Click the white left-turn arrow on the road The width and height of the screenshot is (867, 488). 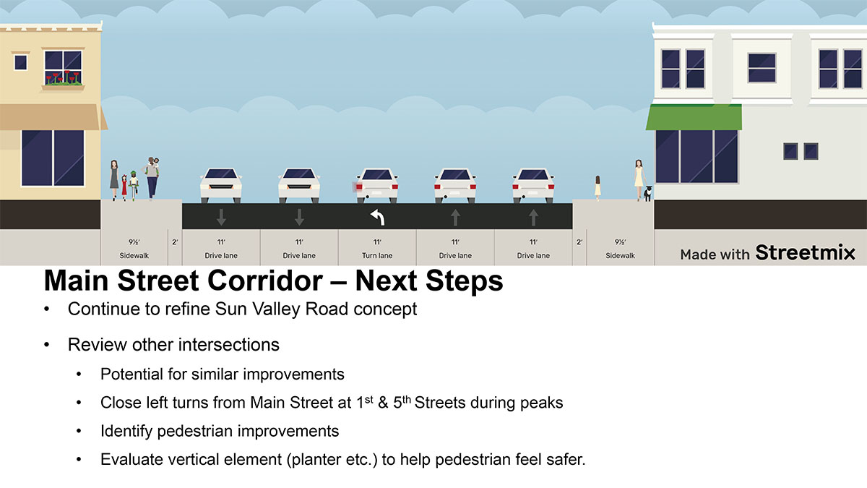(x=377, y=217)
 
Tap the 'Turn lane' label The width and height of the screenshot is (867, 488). (x=377, y=256)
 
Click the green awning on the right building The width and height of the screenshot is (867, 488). (x=694, y=117)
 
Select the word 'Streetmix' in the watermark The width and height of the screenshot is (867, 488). (x=805, y=252)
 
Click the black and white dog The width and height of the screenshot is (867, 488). (x=647, y=193)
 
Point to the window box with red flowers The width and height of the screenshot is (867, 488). (x=63, y=80)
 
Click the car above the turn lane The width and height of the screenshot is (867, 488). (x=377, y=185)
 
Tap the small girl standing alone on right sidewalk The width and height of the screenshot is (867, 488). (x=598, y=188)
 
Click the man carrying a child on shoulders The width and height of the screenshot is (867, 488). (x=152, y=178)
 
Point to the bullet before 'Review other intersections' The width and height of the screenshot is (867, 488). (x=47, y=345)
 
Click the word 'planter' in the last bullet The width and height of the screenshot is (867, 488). (x=316, y=460)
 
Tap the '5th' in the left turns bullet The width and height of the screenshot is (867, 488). (x=402, y=402)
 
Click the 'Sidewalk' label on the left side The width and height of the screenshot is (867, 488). (x=134, y=256)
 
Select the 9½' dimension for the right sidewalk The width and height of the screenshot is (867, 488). (x=620, y=242)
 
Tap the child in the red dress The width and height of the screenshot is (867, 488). (x=124, y=187)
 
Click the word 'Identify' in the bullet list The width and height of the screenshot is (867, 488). (x=126, y=432)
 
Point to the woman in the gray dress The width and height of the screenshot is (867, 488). (x=114, y=180)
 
